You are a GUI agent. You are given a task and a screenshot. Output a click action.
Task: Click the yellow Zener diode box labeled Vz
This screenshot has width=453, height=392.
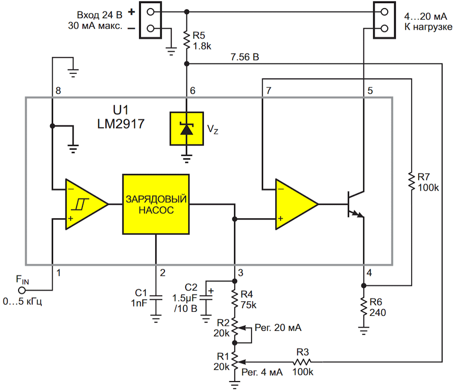pyautogui.click(x=187, y=129)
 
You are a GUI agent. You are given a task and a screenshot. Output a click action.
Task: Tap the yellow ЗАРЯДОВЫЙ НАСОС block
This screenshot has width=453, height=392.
pyautogui.click(x=156, y=204)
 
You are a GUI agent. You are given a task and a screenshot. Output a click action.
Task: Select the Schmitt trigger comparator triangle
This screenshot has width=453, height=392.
pyautogui.click(x=87, y=204)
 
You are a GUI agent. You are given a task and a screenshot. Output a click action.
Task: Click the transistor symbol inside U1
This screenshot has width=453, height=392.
pyautogui.click(x=356, y=204)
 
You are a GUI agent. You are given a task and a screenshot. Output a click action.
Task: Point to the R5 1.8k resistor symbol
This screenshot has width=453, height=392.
pyautogui.click(x=187, y=41)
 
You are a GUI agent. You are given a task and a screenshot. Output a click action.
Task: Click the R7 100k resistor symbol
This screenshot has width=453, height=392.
pyautogui.click(x=411, y=182)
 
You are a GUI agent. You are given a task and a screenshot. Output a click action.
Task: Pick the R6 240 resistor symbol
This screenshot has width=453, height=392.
pyautogui.click(x=364, y=307)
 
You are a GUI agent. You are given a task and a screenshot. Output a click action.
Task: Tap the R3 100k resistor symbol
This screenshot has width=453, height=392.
pyautogui.click(x=302, y=362)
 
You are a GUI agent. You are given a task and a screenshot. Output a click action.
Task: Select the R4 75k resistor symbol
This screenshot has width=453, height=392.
pyautogui.click(x=235, y=299)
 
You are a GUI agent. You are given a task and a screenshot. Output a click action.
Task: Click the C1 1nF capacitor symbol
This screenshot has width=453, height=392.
pyautogui.click(x=156, y=297)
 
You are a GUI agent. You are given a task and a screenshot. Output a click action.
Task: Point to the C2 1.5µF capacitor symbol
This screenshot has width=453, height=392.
pyautogui.click(x=206, y=297)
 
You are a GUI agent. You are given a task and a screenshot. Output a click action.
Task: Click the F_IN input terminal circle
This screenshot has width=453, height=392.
pyautogui.click(x=22, y=290)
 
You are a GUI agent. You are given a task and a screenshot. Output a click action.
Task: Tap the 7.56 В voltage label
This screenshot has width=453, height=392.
pyautogui.click(x=245, y=57)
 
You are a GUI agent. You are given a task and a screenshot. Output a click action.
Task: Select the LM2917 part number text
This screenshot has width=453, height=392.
pyautogui.click(x=121, y=124)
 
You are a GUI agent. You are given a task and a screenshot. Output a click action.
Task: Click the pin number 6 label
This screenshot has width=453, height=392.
pyautogui.click(x=193, y=91)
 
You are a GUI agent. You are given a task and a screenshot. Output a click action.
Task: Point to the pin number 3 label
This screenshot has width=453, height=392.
pyautogui.click(x=241, y=273)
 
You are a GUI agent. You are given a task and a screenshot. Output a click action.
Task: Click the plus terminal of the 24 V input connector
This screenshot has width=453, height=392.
pyautogui.click(x=150, y=12)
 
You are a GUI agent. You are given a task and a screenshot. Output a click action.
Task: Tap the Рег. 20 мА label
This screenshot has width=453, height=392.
pyautogui.click(x=278, y=328)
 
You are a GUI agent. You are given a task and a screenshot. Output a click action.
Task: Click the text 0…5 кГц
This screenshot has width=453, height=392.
pyautogui.click(x=23, y=301)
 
